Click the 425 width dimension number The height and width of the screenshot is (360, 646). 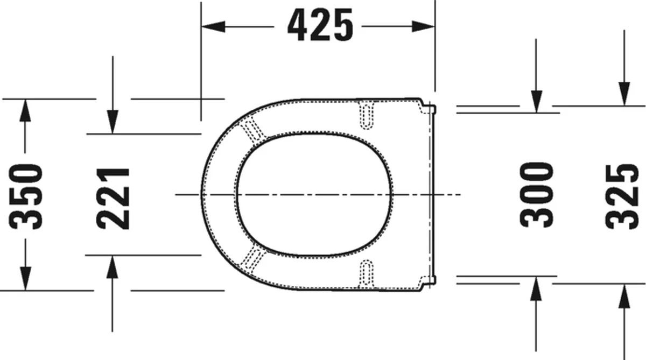coord(320,25)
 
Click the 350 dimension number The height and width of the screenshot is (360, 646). coord(26,196)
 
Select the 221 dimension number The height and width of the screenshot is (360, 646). coord(113,199)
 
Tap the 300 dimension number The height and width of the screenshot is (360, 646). coord(536,195)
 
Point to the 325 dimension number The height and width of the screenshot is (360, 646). coord(622,196)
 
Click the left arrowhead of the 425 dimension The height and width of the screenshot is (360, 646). coord(213,26)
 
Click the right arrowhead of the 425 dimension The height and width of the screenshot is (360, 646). coord(423,26)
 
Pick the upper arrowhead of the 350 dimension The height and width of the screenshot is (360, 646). coord(25,110)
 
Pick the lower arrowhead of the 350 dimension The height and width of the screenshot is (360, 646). coord(25,278)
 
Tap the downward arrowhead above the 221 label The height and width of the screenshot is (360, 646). coord(113,122)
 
